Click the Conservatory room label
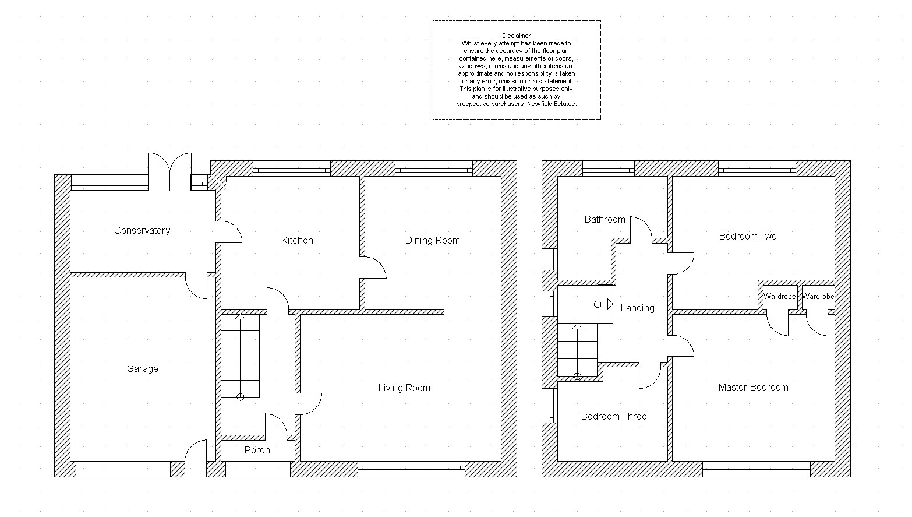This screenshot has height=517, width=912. pyautogui.click(x=142, y=231)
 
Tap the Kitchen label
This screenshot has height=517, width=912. pyautogui.click(x=297, y=240)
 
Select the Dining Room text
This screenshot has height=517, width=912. pyautogui.click(x=432, y=240)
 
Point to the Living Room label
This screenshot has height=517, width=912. pyautogui.click(x=404, y=388)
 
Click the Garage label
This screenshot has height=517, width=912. pyautogui.click(x=143, y=369)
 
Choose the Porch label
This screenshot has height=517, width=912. pyautogui.click(x=257, y=450)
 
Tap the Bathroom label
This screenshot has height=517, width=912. pyautogui.click(x=605, y=220)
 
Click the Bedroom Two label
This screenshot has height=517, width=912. pyautogui.click(x=748, y=236)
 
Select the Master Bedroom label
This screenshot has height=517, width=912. pyautogui.click(x=753, y=388)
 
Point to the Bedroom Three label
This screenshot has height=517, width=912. pyautogui.click(x=614, y=416)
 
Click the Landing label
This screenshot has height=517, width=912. pyautogui.click(x=638, y=308)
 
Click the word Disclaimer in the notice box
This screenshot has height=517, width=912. pyautogui.click(x=516, y=36)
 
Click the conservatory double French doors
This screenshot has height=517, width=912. pyautogui.click(x=170, y=171)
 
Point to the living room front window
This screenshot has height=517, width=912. pyautogui.click(x=412, y=469)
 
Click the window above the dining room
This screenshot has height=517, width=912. pyautogui.click(x=434, y=168)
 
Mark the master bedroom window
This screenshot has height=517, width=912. pyautogui.click(x=757, y=469)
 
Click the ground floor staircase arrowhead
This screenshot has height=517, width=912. pyautogui.click(x=240, y=316)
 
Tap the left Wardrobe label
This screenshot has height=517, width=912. pyautogui.click(x=779, y=297)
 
